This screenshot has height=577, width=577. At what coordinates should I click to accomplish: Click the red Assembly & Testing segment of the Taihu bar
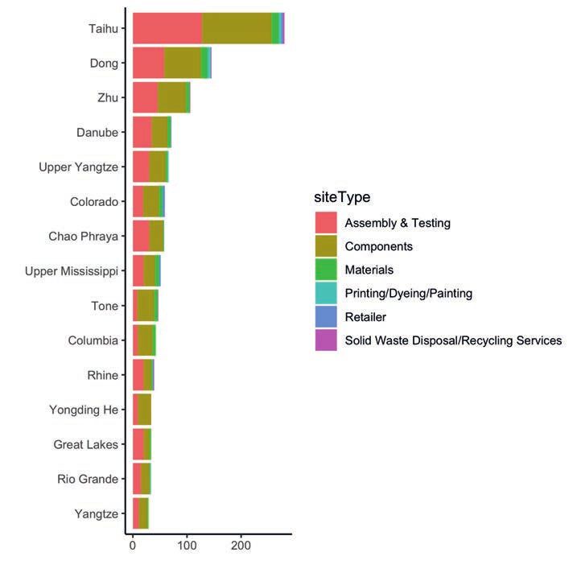coord(167,28)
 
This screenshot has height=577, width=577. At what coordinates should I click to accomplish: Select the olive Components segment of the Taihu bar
coord(237,28)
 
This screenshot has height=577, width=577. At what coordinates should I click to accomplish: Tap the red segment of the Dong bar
coord(148,63)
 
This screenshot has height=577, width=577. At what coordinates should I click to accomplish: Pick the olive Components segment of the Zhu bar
coord(171,97)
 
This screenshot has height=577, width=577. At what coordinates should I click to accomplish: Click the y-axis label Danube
coord(97,132)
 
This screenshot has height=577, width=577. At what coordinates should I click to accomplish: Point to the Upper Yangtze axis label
coord(78,167)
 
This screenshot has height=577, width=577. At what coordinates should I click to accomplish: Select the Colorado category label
coord(94,201)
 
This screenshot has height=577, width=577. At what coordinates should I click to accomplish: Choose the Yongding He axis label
coord(84,410)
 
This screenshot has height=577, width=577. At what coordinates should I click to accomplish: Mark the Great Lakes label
coord(85,444)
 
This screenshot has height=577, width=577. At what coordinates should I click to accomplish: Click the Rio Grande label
coord(88,479)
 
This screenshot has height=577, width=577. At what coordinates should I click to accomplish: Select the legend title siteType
coord(342,197)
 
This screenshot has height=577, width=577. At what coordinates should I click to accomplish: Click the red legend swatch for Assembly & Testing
coord(326,223)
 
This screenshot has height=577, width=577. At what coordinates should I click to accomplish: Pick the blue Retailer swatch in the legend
coord(326,317)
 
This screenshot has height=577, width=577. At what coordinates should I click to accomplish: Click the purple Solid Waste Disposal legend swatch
coord(326,340)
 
